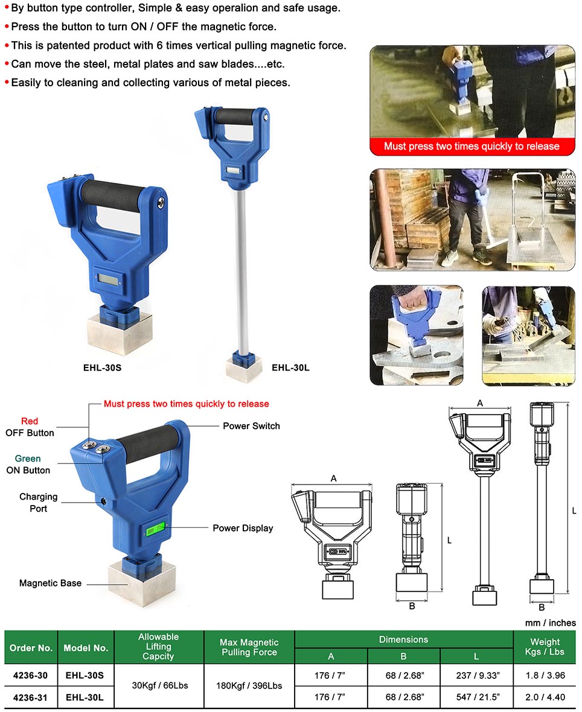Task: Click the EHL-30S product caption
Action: (x=102, y=368)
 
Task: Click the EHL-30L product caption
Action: (x=290, y=368)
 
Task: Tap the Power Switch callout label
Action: (x=251, y=426)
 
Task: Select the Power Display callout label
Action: (x=243, y=528)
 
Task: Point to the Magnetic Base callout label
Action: (x=51, y=583)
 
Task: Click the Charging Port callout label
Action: (x=38, y=503)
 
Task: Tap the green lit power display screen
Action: (x=155, y=529)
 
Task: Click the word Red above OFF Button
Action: (x=30, y=421)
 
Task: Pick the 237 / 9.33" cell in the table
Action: (x=477, y=675)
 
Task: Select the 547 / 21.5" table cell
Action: (x=477, y=697)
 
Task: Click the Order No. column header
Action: (x=31, y=648)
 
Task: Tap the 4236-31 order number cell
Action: (x=31, y=697)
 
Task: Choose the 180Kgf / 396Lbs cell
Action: (x=249, y=685)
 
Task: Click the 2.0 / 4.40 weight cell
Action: (x=545, y=697)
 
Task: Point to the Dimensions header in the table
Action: (x=403, y=640)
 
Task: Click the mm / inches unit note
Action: (x=550, y=623)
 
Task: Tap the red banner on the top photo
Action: (x=472, y=146)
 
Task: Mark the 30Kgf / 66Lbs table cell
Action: (x=159, y=685)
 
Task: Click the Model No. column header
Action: (x=86, y=648)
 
